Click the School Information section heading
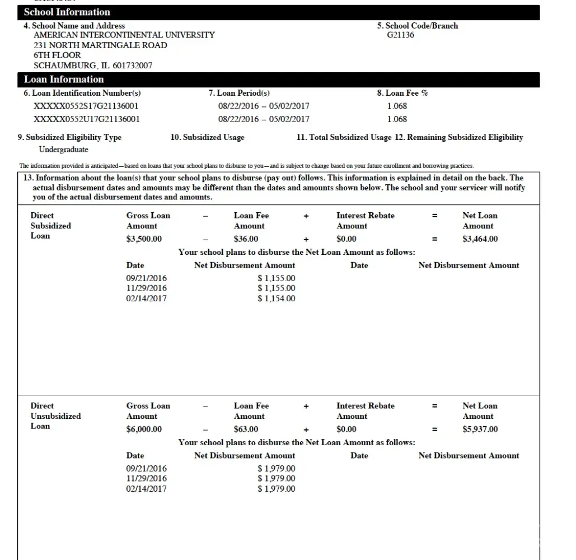click(67, 12)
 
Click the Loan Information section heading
click(64, 80)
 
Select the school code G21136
click(400, 35)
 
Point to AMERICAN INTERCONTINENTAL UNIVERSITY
click(124, 35)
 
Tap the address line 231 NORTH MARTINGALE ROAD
click(100, 45)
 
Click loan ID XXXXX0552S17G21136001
click(86, 106)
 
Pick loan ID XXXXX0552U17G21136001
click(86, 119)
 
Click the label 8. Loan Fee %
click(402, 93)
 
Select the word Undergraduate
click(63, 150)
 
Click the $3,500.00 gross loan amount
click(144, 239)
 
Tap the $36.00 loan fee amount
click(246, 239)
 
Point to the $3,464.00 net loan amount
click(480, 239)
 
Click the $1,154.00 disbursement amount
click(277, 298)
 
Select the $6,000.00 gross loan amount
click(144, 430)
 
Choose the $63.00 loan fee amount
click(246, 430)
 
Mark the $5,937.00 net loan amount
click(480, 430)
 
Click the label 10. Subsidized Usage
click(207, 137)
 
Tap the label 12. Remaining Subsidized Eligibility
click(459, 137)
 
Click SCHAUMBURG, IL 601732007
click(93, 66)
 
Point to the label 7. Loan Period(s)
click(239, 93)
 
